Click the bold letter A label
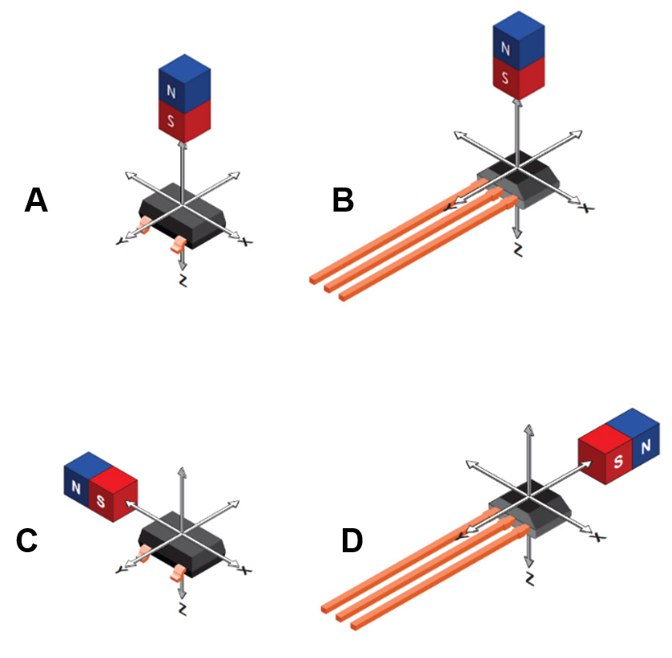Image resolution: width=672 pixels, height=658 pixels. tap(36, 200)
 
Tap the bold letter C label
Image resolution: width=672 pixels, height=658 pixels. tap(27, 541)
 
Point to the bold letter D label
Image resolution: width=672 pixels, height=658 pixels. tap(352, 541)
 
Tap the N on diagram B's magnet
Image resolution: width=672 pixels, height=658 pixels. tap(505, 48)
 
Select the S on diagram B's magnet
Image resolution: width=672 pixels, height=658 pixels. tap(505, 79)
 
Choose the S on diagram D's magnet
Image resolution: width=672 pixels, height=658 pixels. tap(618, 462)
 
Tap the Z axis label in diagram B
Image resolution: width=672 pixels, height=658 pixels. tap(517, 251)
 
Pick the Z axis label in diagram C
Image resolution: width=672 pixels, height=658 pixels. tap(183, 610)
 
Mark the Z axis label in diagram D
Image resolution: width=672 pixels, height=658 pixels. tap(529, 578)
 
